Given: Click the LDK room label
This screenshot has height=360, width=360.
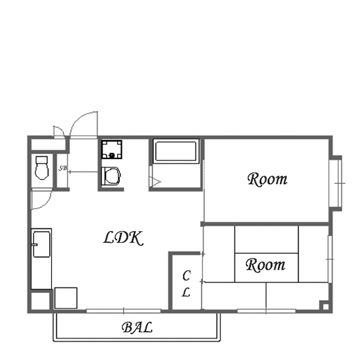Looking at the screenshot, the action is pos(123,238).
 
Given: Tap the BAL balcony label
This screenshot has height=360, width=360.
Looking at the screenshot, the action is pos(137,327).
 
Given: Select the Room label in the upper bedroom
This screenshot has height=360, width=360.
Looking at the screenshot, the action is pos(268,179).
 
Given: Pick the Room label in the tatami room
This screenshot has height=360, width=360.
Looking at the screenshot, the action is pos(266,264).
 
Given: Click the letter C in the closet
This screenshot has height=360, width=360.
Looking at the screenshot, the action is pos(187,276).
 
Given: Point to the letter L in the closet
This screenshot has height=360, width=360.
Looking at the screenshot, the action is pos(186,292).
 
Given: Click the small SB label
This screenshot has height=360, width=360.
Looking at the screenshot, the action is pos(63,168).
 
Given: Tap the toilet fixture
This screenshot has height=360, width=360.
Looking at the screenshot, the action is pos(42,168).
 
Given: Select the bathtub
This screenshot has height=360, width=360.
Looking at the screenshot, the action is pos(176,152).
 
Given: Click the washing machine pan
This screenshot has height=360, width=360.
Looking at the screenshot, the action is pos(111,149).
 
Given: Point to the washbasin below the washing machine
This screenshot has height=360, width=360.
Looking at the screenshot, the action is pos(111,176).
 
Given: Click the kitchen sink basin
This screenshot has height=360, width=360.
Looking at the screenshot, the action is pos(41,244).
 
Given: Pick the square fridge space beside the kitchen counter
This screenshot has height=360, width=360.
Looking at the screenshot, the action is pos(66,298).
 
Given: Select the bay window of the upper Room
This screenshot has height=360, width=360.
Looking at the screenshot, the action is pos(336,183).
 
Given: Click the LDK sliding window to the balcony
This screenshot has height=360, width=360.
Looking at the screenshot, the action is pos(124,311).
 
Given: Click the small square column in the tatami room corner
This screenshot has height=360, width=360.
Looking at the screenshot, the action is pos(326,306).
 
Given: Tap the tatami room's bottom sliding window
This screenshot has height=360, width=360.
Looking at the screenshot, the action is pos(266,311).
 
